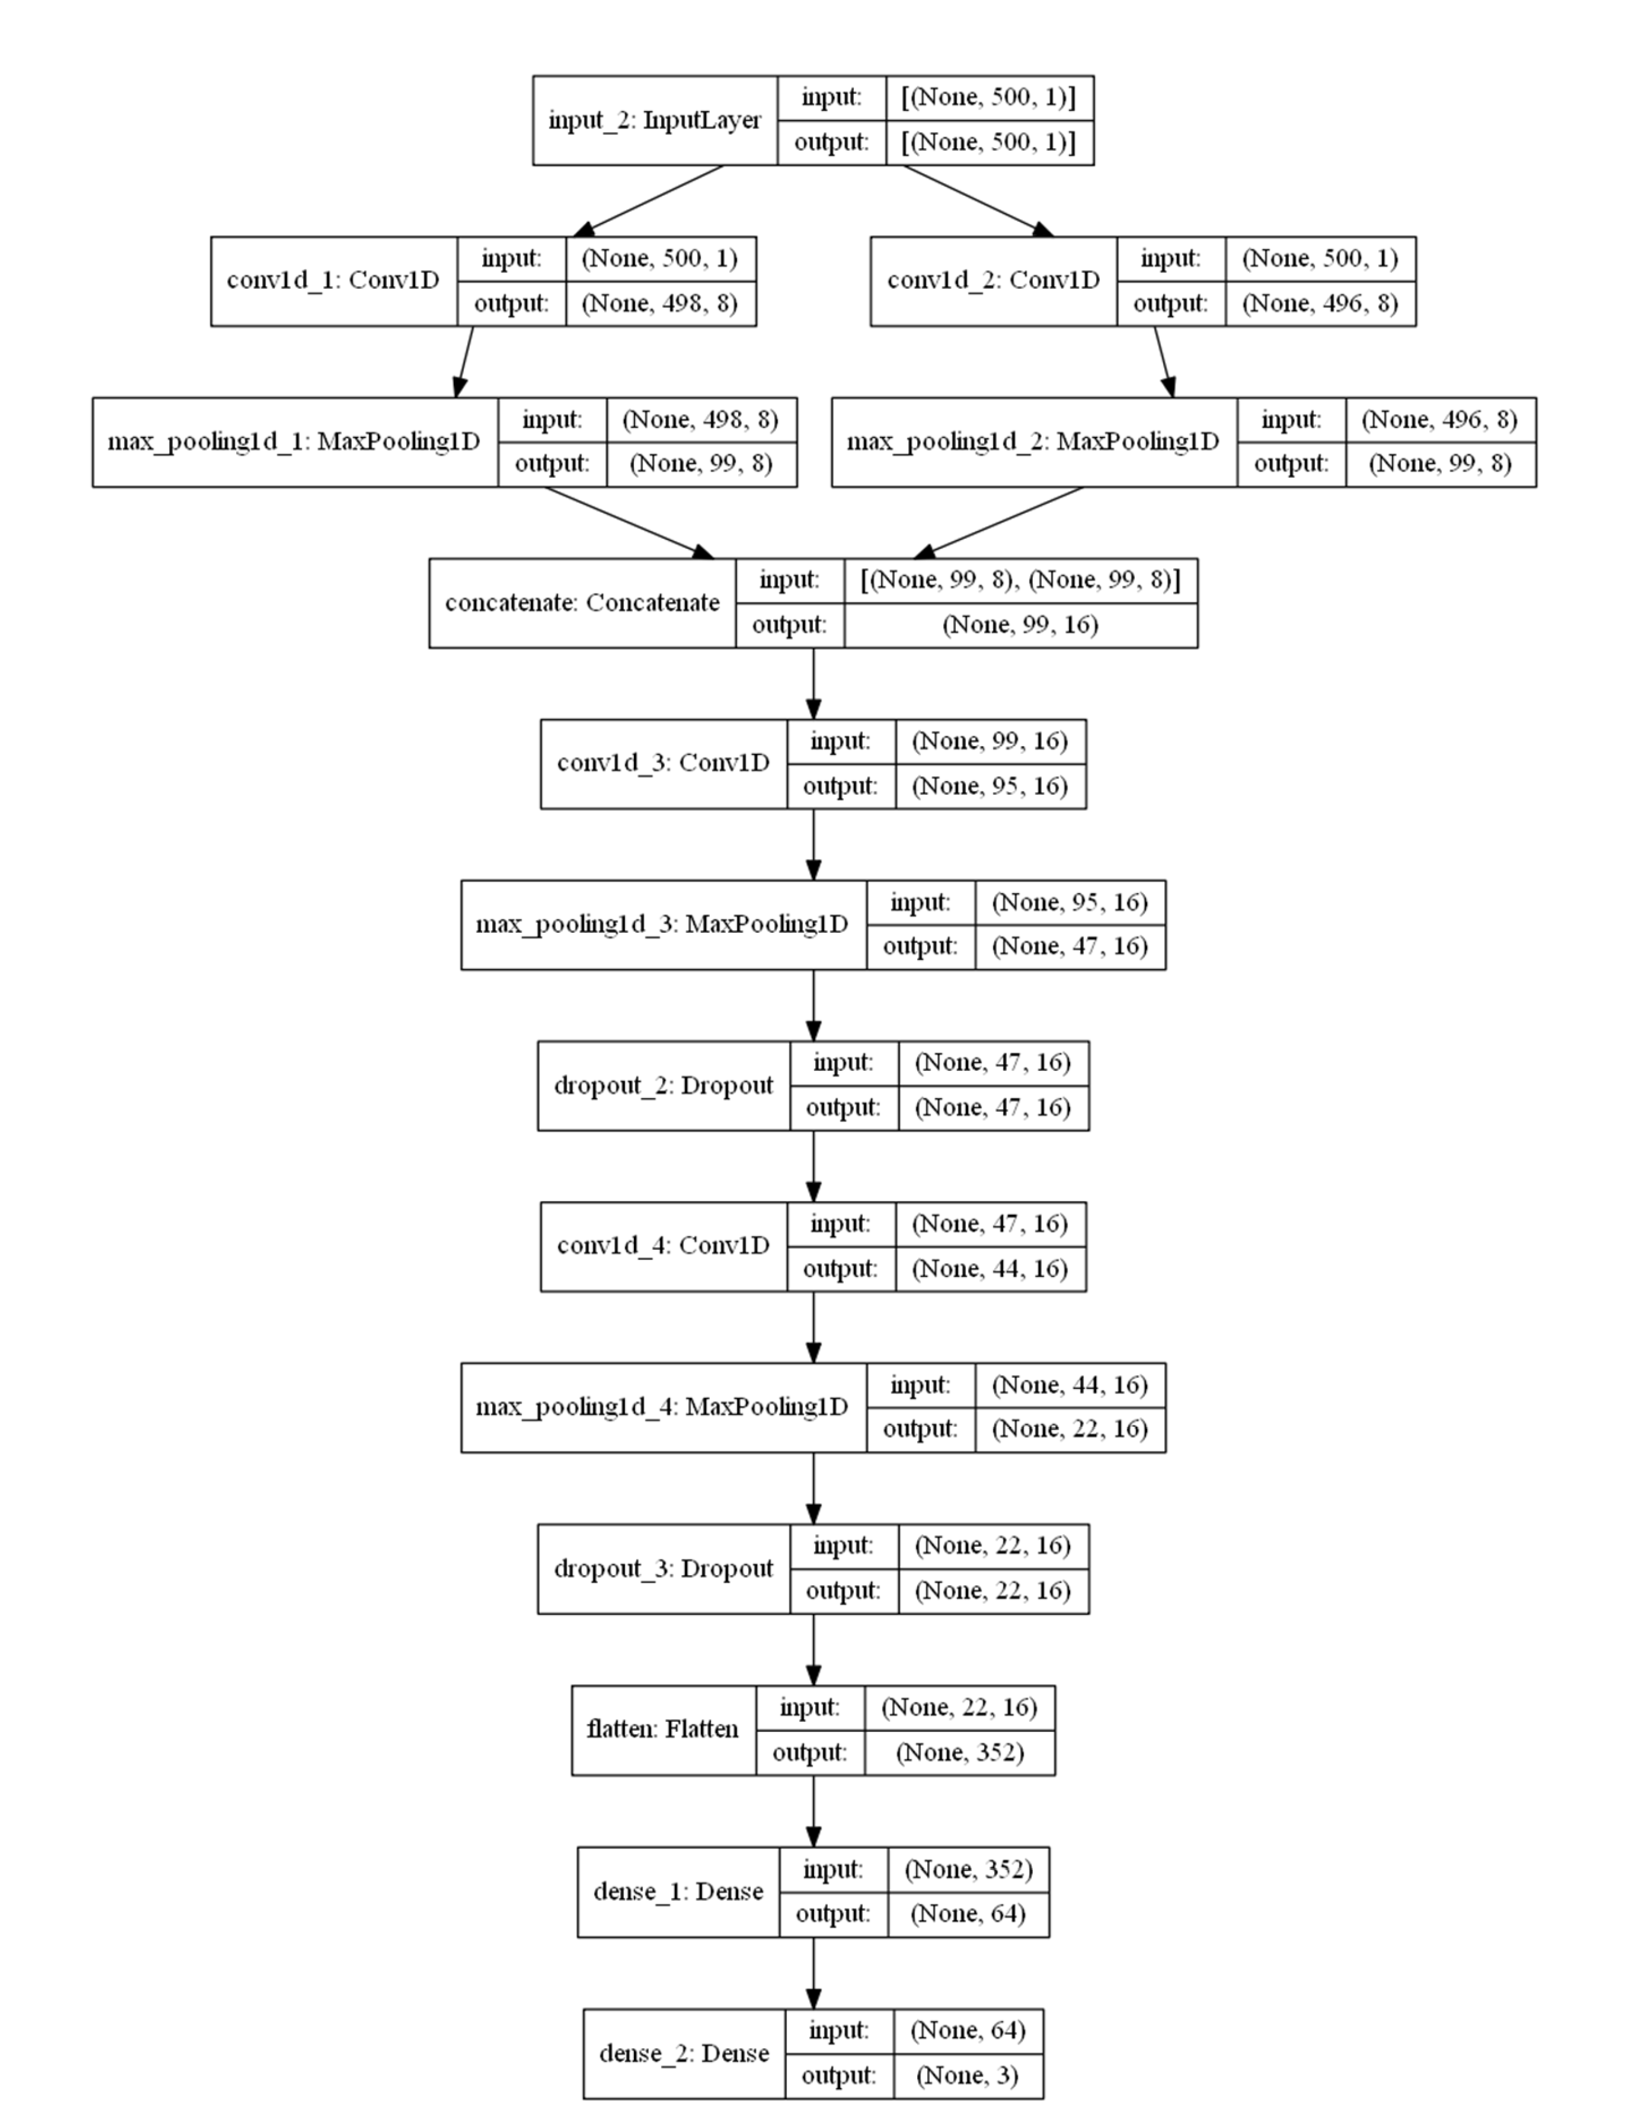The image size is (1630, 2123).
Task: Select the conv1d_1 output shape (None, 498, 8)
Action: [x=660, y=304]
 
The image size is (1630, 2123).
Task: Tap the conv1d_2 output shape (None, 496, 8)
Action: [x=1320, y=304]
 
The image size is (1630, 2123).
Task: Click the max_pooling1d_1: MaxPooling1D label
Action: [x=294, y=442]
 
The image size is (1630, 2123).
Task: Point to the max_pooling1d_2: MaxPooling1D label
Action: [x=1033, y=442]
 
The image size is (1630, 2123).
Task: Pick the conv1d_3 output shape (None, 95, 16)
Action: [x=989, y=786]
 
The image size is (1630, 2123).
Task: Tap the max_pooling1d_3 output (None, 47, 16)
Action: [x=1069, y=946]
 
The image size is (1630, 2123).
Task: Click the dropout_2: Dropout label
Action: [x=663, y=1086]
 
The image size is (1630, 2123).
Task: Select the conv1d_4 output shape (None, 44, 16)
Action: [x=989, y=1269]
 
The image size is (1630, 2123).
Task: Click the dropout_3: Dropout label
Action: [x=663, y=1569]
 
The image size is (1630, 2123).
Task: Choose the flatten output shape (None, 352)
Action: [x=959, y=1752]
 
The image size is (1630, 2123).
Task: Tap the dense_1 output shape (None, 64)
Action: [x=967, y=1913]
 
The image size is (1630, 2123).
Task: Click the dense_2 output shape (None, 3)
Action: [x=967, y=2075]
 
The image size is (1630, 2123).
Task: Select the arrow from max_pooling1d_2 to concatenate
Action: [x=999, y=522]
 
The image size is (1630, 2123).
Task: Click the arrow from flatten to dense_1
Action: [x=813, y=1811]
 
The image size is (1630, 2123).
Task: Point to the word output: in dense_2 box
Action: [x=838, y=2075]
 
